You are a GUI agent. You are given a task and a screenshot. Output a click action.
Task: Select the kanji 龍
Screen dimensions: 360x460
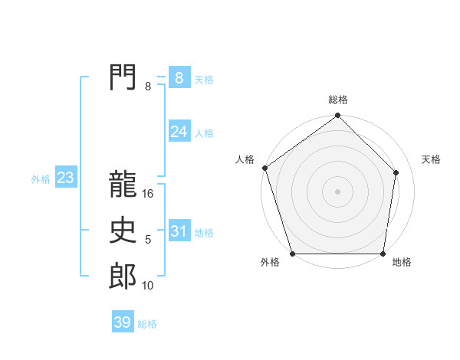123,185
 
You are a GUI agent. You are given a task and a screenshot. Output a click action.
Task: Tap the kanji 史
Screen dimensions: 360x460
123,231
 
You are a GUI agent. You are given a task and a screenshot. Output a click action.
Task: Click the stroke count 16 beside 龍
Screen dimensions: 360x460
148,194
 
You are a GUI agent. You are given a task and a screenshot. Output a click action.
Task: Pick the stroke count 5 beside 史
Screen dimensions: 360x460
148,240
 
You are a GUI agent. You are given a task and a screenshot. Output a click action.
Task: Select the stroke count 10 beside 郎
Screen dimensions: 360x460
148,286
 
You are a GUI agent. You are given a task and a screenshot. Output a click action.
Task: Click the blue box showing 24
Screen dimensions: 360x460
179,132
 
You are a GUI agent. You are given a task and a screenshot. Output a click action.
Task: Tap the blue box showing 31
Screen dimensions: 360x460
179,231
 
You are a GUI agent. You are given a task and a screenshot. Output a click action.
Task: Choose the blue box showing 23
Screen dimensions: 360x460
65,178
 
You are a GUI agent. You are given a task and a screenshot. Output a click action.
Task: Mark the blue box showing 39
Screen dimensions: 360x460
123,322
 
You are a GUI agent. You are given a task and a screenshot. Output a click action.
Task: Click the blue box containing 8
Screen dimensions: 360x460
179,78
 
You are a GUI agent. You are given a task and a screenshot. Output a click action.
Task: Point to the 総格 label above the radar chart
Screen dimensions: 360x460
338,100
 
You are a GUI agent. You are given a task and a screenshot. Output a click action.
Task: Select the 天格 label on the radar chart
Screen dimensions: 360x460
431,159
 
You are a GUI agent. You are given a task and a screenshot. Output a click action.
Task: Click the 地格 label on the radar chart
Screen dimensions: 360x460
402,263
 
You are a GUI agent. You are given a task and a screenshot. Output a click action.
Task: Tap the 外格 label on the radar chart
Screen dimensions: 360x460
270,263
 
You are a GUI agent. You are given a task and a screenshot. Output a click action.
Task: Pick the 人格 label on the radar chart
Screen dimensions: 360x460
245,159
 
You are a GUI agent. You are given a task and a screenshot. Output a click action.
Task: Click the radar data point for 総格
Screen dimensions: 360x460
338,116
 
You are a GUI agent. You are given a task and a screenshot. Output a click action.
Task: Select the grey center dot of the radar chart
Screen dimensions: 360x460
338,191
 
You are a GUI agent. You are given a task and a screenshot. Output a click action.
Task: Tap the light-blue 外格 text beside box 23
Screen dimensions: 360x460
41,179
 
